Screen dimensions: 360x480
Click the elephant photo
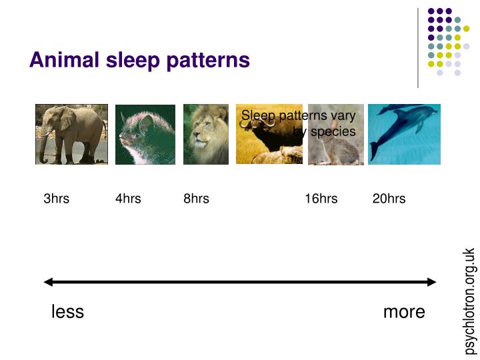pyautogui.click(x=71, y=134)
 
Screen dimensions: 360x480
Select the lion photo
pyautogui.click(x=205, y=134)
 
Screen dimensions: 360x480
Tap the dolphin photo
pyautogui.click(x=404, y=134)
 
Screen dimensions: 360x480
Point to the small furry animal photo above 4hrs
pyautogui.click(x=145, y=134)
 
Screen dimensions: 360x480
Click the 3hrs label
pyautogui.click(x=56, y=199)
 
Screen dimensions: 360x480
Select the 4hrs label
pyautogui.click(x=128, y=199)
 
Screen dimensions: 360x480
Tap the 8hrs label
pyautogui.click(x=196, y=199)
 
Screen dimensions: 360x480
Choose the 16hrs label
pyautogui.click(x=321, y=199)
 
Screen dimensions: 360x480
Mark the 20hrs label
pyautogui.click(x=389, y=199)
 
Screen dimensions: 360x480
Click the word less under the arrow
pyautogui.click(x=67, y=312)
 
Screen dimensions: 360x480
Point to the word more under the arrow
pyautogui.click(x=404, y=312)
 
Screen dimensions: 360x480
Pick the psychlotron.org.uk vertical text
pyautogui.click(x=469, y=301)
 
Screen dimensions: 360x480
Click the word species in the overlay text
pyautogui.click(x=333, y=131)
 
